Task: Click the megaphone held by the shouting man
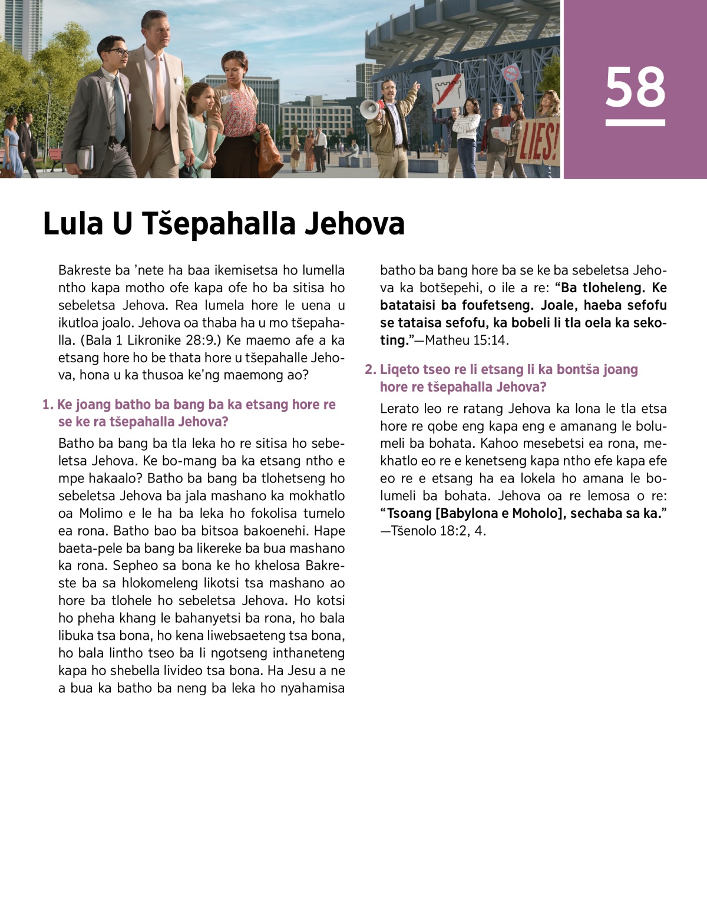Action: pos(370,109)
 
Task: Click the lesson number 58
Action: pos(635,87)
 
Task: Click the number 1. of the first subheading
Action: pos(48,405)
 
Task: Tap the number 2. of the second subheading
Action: pos(370,369)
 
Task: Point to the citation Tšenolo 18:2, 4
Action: pos(438,531)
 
